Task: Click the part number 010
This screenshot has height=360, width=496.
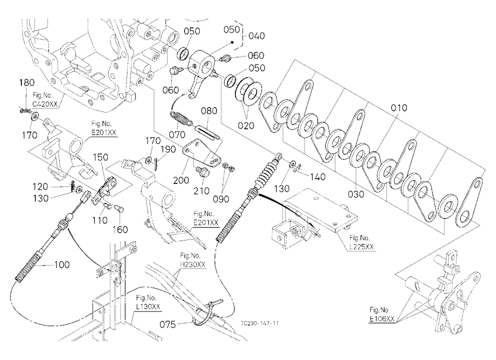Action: [x=399, y=108]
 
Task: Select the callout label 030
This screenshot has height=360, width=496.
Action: [x=356, y=194]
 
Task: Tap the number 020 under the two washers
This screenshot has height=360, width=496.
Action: [x=246, y=125]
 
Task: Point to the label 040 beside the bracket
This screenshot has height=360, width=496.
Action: [x=256, y=36]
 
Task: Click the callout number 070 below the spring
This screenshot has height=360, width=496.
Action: [x=177, y=135]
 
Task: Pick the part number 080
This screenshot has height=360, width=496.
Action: [x=209, y=111]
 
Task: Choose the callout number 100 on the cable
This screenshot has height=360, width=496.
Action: [x=62, y=264]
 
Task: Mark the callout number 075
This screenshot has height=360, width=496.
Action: [x=168, y=324]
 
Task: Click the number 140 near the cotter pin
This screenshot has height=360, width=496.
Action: [x=317, y=177]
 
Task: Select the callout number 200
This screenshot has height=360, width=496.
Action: [x=181, y=180]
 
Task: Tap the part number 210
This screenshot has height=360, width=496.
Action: [x=201, y=191]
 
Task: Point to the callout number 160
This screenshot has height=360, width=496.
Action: [x=120, y=229]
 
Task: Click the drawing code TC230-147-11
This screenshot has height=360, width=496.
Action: [x=260, y=323]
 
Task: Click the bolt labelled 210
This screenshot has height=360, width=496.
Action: [x=201, y=173]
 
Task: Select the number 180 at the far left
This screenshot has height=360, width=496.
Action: [x=27, y=83]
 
